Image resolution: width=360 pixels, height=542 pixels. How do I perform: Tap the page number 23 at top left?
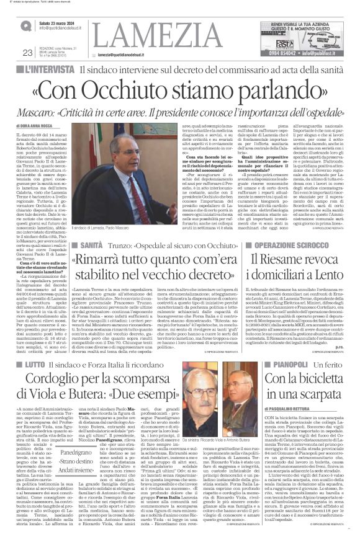tap(27, 53)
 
